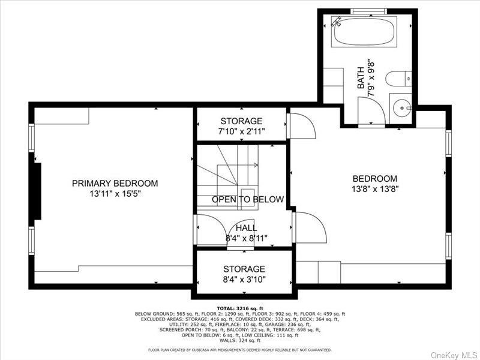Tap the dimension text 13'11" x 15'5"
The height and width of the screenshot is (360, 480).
[115, 194]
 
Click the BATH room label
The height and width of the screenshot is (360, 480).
[361, 78]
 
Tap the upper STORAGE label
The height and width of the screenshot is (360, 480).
[241, 121]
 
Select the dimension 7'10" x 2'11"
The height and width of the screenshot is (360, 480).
[241, 131]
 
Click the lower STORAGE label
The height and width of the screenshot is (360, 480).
[244, 269]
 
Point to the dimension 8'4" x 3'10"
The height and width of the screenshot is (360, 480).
[244, 279]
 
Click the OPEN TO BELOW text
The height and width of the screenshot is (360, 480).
[247, 199]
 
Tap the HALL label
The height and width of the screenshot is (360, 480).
[246, 228]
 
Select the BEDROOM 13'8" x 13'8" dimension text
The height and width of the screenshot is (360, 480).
[375, 188]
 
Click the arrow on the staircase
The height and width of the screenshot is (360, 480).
[255, 165]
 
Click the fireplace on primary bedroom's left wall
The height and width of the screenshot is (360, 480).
[37, 193]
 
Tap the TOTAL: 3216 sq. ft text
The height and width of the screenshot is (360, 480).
[240, 308]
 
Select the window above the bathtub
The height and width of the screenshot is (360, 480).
[368, 11]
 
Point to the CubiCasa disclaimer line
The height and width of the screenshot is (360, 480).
[240, 350]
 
